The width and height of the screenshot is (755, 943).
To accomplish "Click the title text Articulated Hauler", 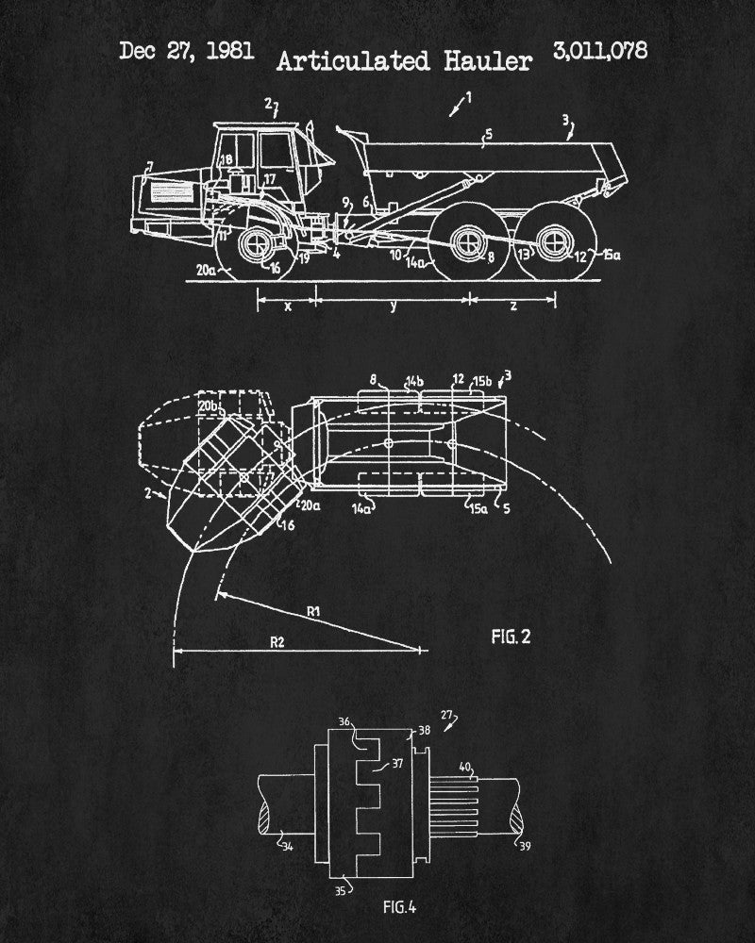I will (x=404, y=61).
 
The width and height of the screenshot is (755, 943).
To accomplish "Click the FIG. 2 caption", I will (x=511, y=637).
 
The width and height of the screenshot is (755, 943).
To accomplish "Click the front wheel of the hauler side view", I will (x=258, y=248).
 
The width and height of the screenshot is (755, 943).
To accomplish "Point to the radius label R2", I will (x=277, y=641).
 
